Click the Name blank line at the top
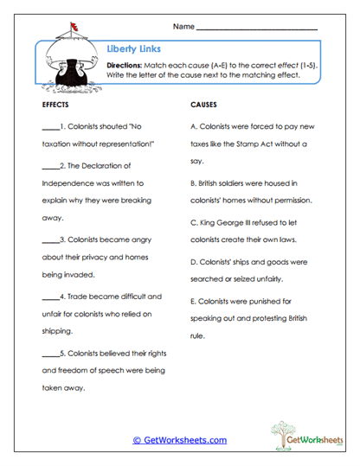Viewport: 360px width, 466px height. (x=257, y=29)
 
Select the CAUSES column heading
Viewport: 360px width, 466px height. (x=202, y=104)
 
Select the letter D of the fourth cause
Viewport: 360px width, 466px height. (x=192, y=262)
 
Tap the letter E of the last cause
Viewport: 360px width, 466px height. (x=192, y=302)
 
